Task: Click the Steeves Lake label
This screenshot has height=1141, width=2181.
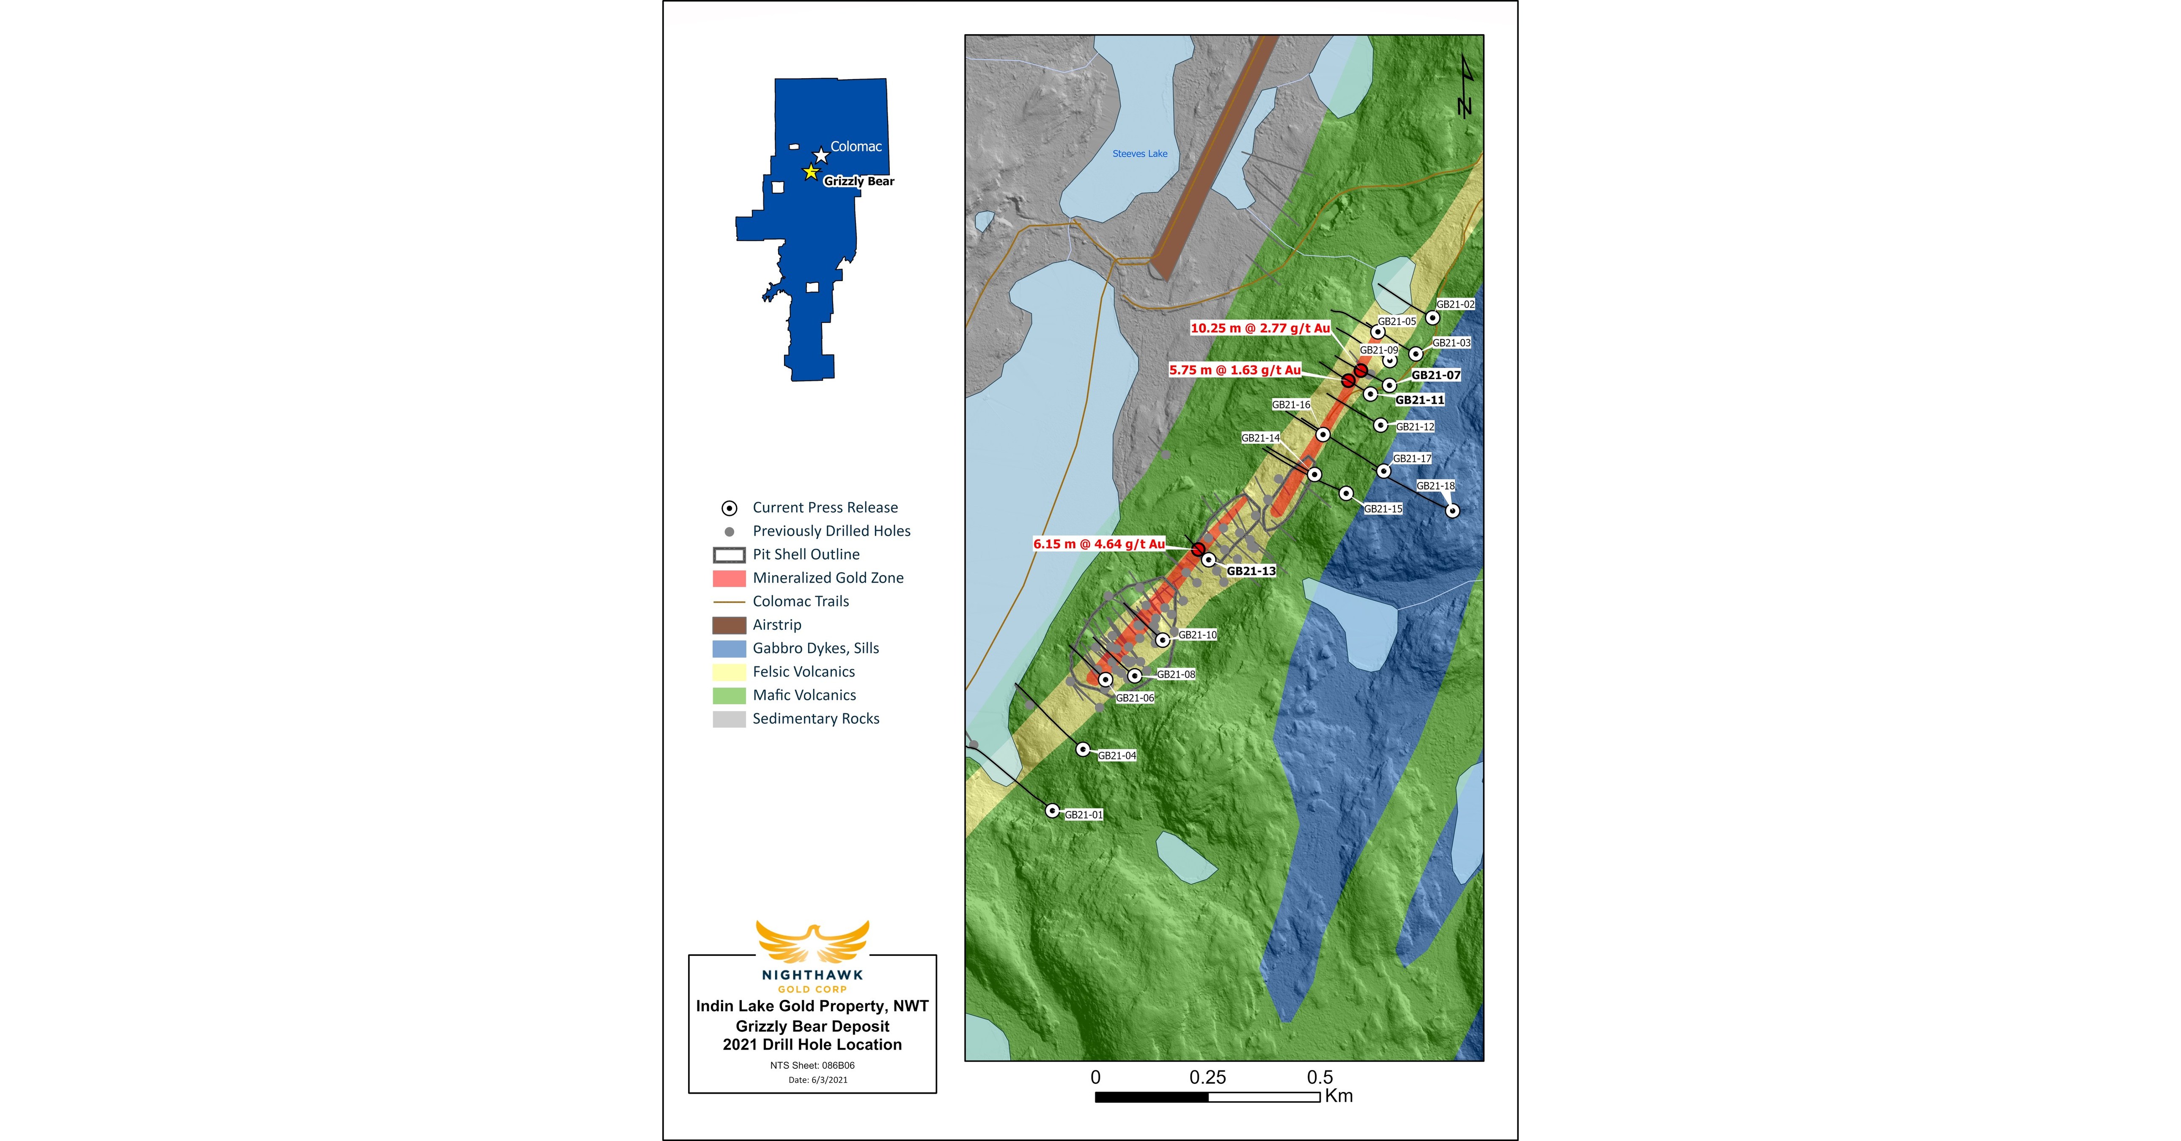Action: point(1140,154)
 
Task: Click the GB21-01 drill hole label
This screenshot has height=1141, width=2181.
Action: point(1084,815)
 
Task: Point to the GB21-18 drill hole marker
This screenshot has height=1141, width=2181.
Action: point(1452,510)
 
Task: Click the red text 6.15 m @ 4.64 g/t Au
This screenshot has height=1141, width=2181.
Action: point(1099,544)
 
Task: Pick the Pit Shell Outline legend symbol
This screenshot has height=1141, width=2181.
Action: point(729,555)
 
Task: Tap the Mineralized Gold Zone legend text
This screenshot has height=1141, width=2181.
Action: point(828,578)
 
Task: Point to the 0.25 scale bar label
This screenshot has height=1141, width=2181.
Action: point(1207,1078)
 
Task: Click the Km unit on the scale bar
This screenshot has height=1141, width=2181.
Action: point(1339,1096)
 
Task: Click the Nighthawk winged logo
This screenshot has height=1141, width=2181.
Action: point(812,942)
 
